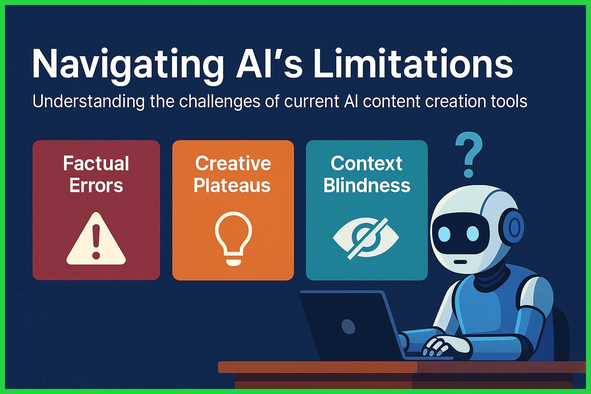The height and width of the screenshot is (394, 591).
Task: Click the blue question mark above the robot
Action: pyautogui.click(x=469, y=154)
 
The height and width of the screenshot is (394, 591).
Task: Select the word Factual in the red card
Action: pyautogui.click(x=96, y=164)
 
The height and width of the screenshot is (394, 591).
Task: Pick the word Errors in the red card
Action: pyautogui.click(x=96, y=185)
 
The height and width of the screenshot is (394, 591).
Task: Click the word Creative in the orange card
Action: pyautogui.click(x=233, y=164)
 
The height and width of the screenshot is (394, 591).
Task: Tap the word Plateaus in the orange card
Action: pyautogui.click(x=232, y=185)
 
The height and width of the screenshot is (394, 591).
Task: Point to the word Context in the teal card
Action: pyautogui.click(x=366, y=164)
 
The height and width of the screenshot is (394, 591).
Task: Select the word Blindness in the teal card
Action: pyautogui.click(x=367, y=185)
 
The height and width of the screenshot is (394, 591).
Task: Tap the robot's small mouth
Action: pyautogui.click(x=460, y=262)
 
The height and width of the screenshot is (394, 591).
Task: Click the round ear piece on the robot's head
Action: pyautogui.click(x=514, y=228)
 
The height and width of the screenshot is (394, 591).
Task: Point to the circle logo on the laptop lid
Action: pyautogui.click(x=348, y=325)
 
